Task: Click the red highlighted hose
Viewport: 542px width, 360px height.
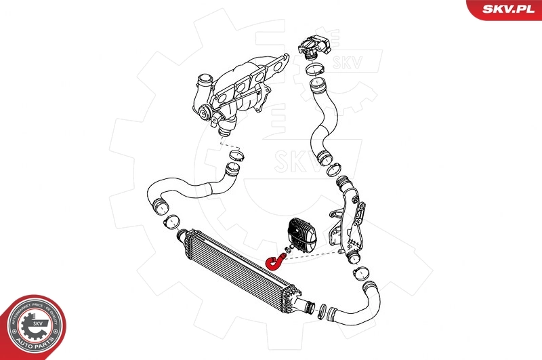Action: click(x=276, y=260)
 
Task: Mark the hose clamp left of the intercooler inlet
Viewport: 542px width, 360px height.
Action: click(x=173, y=220)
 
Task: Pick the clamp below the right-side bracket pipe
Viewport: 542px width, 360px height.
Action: click(x=360, y=274)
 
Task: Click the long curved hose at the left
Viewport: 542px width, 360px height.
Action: click(x=183, y=190)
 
